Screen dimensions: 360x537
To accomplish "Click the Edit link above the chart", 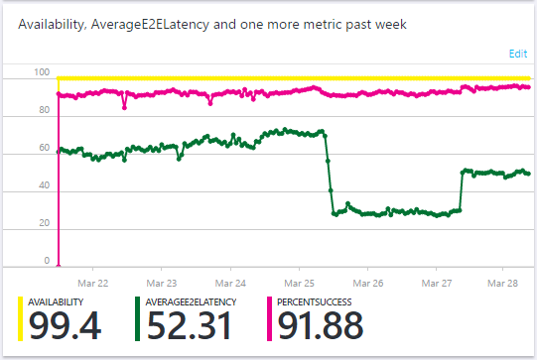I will tap(518, 53).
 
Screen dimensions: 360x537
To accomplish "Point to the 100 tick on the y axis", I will tap(40, 72).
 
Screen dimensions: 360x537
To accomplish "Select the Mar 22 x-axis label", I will tap(106, 281).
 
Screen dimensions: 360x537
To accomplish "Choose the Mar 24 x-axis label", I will tap(230, 281).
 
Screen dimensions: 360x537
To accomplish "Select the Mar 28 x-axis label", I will tap(504, 281).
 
